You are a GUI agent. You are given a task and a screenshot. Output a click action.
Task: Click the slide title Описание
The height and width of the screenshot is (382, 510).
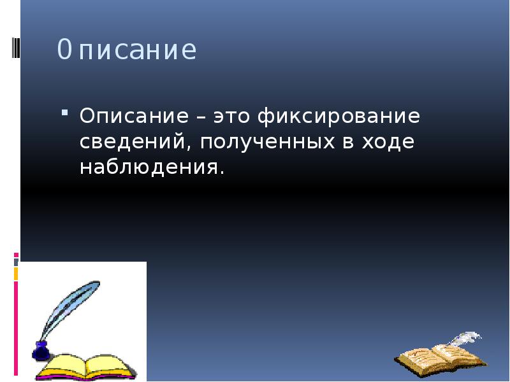126,50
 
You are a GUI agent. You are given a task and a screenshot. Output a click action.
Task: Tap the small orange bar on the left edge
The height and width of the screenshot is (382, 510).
16,274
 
